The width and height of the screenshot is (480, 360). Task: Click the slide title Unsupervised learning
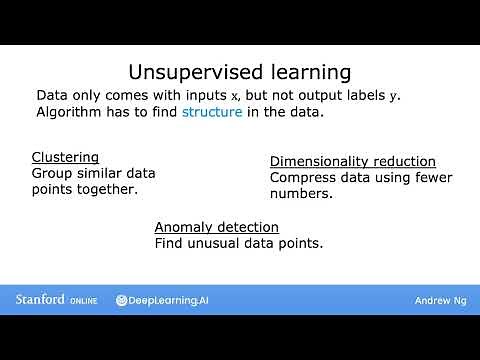[240, 72]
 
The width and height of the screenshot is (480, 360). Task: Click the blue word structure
[211, 112]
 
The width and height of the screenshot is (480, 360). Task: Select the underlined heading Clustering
[65, 157]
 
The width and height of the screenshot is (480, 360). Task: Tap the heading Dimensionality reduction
[353, 161]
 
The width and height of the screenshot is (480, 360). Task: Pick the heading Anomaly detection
[216, 227]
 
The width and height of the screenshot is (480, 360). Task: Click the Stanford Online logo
[56, 299]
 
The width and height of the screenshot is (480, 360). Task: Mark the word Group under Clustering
[53, 173]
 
